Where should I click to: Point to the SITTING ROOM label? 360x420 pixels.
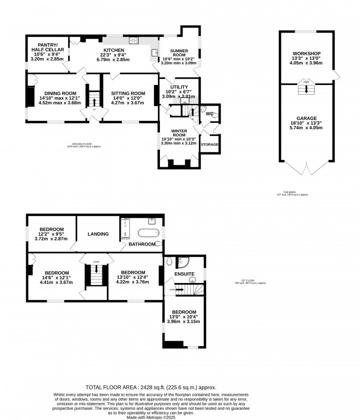coord(129,93)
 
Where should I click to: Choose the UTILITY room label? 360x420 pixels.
coord(178,87)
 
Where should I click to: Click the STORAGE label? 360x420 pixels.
coord(210,145)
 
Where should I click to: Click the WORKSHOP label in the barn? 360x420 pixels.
coord(307,54)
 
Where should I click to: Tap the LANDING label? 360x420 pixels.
coord(98,234)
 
